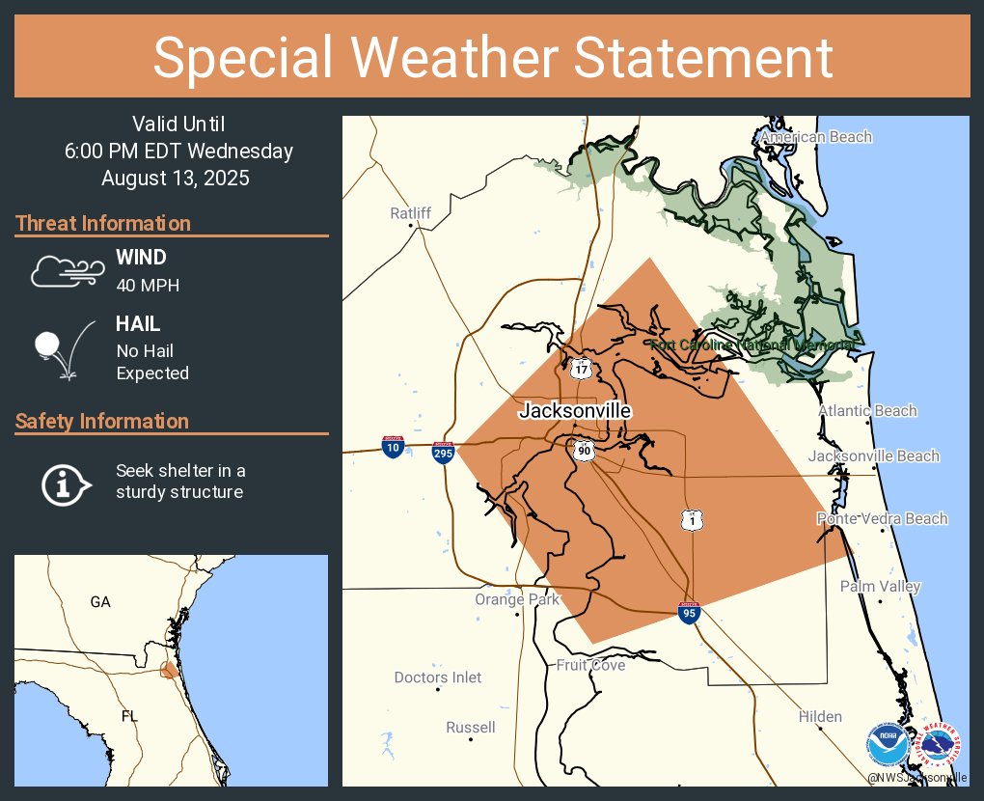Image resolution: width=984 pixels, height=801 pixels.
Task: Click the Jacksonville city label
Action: (575, 410)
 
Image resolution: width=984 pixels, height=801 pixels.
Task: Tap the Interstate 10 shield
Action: (393, 446)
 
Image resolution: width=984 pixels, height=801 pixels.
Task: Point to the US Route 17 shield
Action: (581, 368)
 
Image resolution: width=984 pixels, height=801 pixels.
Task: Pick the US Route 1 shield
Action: (692, 520)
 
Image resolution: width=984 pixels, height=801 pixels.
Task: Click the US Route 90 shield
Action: (583, 450)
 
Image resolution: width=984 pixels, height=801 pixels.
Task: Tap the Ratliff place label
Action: (410, 212)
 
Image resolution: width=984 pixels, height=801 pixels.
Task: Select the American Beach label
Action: (815, 137)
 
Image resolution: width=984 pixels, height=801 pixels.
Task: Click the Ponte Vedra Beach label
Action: (882, 518)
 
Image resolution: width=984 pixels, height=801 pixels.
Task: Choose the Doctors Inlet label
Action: (438, 677)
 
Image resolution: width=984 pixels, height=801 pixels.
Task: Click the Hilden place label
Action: (820, 716)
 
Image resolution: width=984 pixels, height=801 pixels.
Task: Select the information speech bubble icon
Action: (66, 483)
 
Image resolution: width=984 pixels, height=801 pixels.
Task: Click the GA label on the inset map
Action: (100, 601)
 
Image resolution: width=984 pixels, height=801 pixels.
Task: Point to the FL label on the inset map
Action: (129, 717)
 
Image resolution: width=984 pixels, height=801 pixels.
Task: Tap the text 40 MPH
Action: (148, 286)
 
